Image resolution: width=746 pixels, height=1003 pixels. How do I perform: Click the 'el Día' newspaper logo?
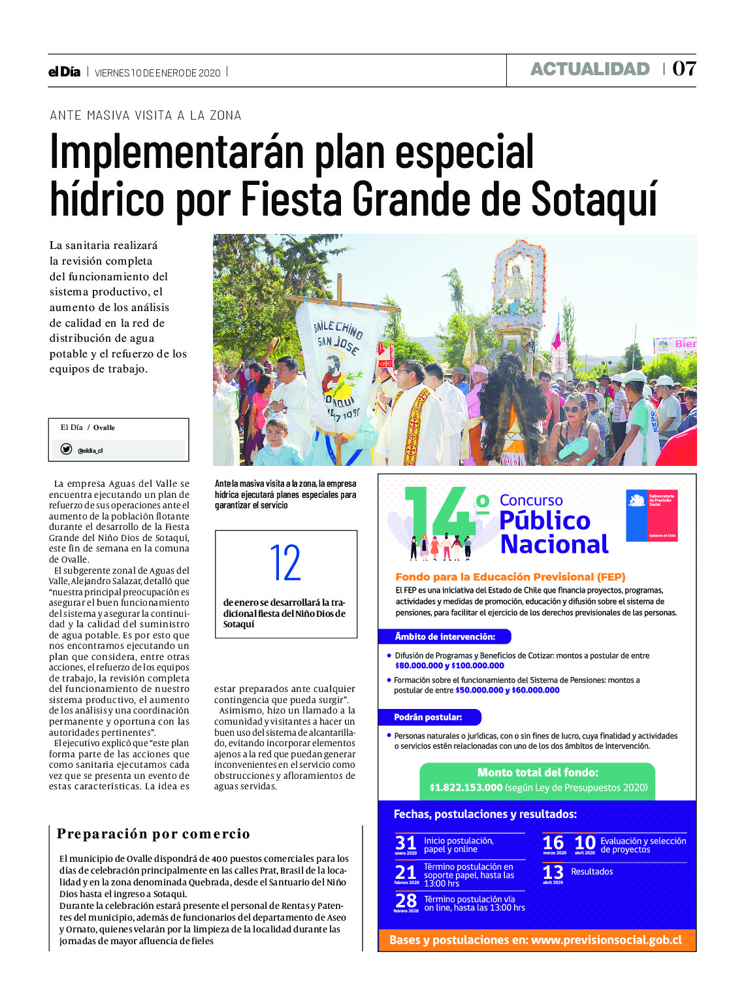(64, 72)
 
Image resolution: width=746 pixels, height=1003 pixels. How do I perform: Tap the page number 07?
(684, 69)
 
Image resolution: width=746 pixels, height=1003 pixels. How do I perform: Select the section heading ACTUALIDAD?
(590, 69)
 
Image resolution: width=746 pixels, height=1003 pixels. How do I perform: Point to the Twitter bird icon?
(66, 449)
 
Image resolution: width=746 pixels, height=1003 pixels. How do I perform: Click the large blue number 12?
(285, 563)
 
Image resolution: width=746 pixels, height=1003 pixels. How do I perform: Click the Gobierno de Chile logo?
(651, 516)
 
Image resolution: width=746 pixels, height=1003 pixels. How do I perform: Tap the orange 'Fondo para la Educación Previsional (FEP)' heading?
(510, 577)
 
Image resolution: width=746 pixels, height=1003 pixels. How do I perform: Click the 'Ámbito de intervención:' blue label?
(445, 636)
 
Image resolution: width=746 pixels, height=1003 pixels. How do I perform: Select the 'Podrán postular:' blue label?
(428, 717)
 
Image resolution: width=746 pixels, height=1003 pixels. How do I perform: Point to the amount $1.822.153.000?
(466, 788)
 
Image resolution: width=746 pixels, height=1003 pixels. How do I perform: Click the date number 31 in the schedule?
(406, 843)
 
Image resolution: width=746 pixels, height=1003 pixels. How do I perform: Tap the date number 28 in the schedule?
(406, 900)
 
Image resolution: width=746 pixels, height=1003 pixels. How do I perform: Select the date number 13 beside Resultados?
(553, 872)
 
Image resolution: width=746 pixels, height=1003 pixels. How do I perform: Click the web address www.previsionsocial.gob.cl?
(606, 940)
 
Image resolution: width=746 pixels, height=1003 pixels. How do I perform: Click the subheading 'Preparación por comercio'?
(154, 834)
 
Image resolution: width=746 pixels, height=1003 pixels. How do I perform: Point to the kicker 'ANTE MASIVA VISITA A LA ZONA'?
(146, 116)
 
